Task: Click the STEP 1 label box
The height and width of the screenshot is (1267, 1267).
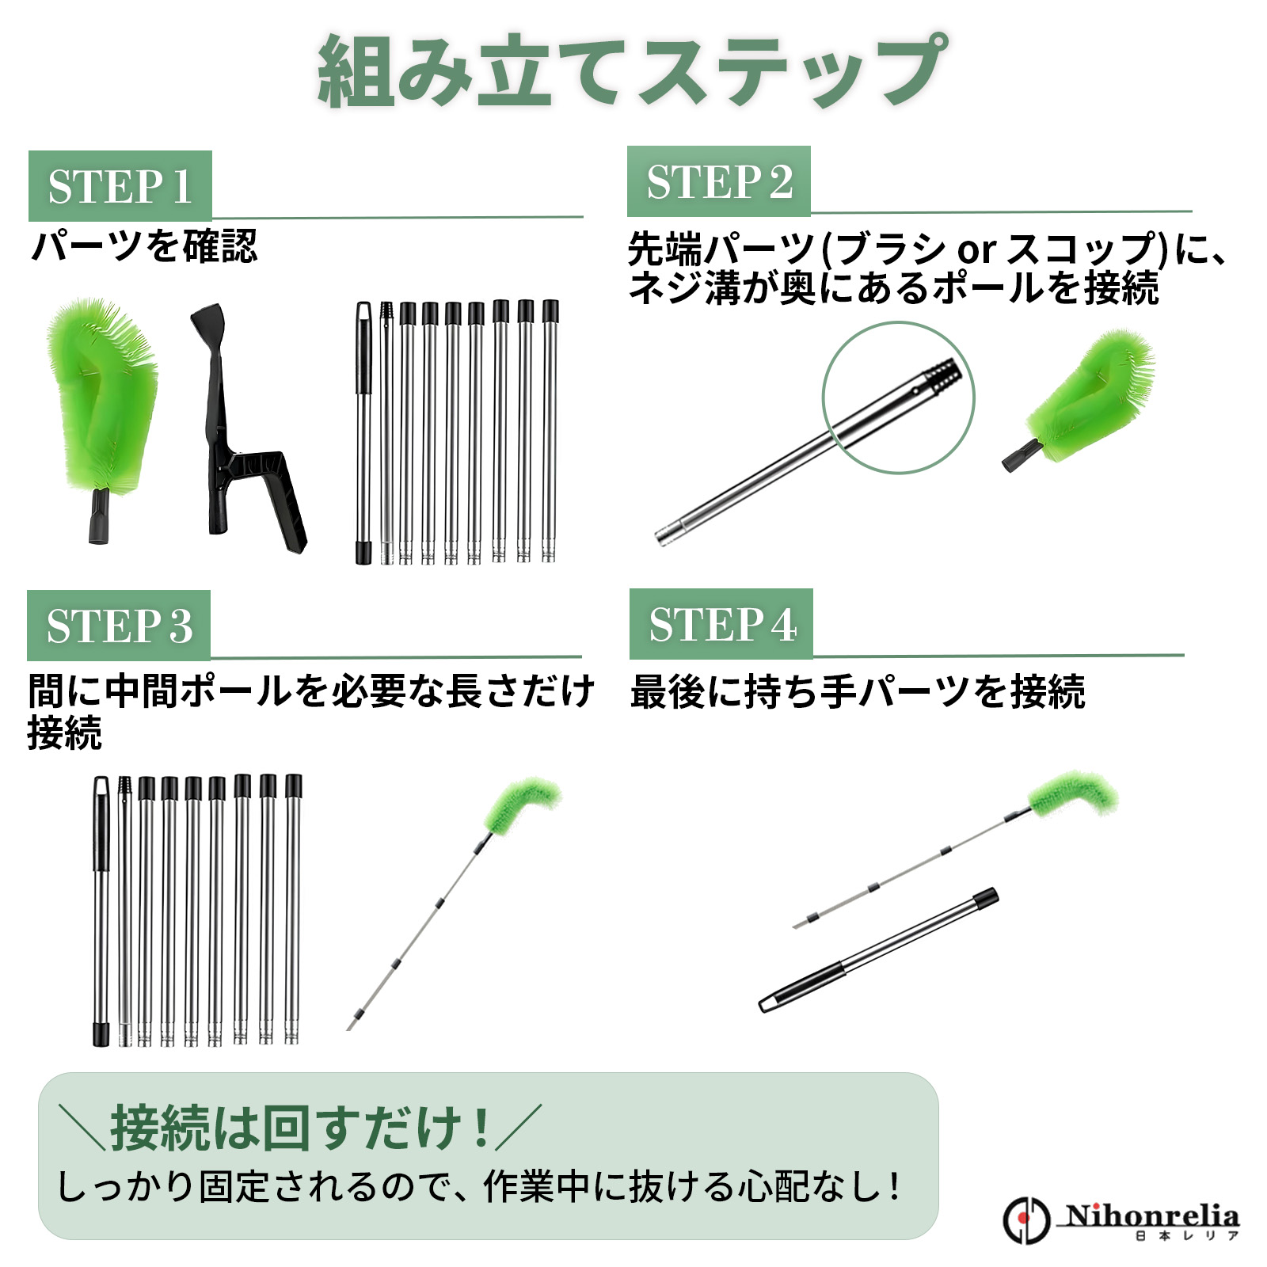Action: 120,186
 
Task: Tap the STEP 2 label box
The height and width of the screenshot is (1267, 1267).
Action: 718,181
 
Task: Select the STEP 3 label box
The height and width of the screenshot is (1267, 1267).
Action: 119,626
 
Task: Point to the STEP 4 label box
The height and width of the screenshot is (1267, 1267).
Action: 721,624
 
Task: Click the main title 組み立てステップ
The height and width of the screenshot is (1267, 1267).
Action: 633,71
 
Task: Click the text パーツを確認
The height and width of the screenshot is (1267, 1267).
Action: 144,246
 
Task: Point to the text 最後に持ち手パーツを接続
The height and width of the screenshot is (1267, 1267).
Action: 858,691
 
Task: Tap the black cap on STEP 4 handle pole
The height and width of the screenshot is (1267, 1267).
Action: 986,897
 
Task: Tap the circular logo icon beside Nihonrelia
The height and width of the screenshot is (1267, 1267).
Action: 1026,1220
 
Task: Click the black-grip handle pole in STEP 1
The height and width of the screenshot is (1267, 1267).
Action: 363,432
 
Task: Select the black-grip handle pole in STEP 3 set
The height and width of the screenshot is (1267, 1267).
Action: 101,911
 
